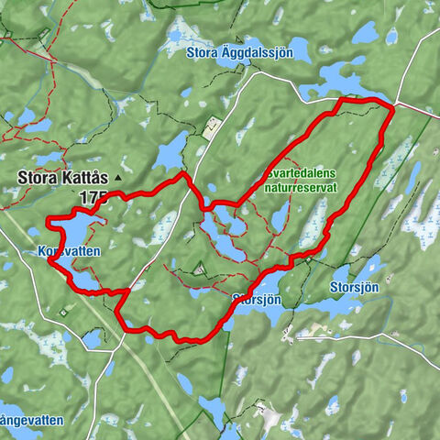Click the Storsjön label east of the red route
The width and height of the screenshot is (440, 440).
pyautogui.click(x=353, y=286)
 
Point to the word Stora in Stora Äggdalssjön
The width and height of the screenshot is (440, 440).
pyautogui.click(x=203, y=52)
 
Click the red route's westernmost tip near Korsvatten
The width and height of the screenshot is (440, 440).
pyautogui.click(x=49, y=259)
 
